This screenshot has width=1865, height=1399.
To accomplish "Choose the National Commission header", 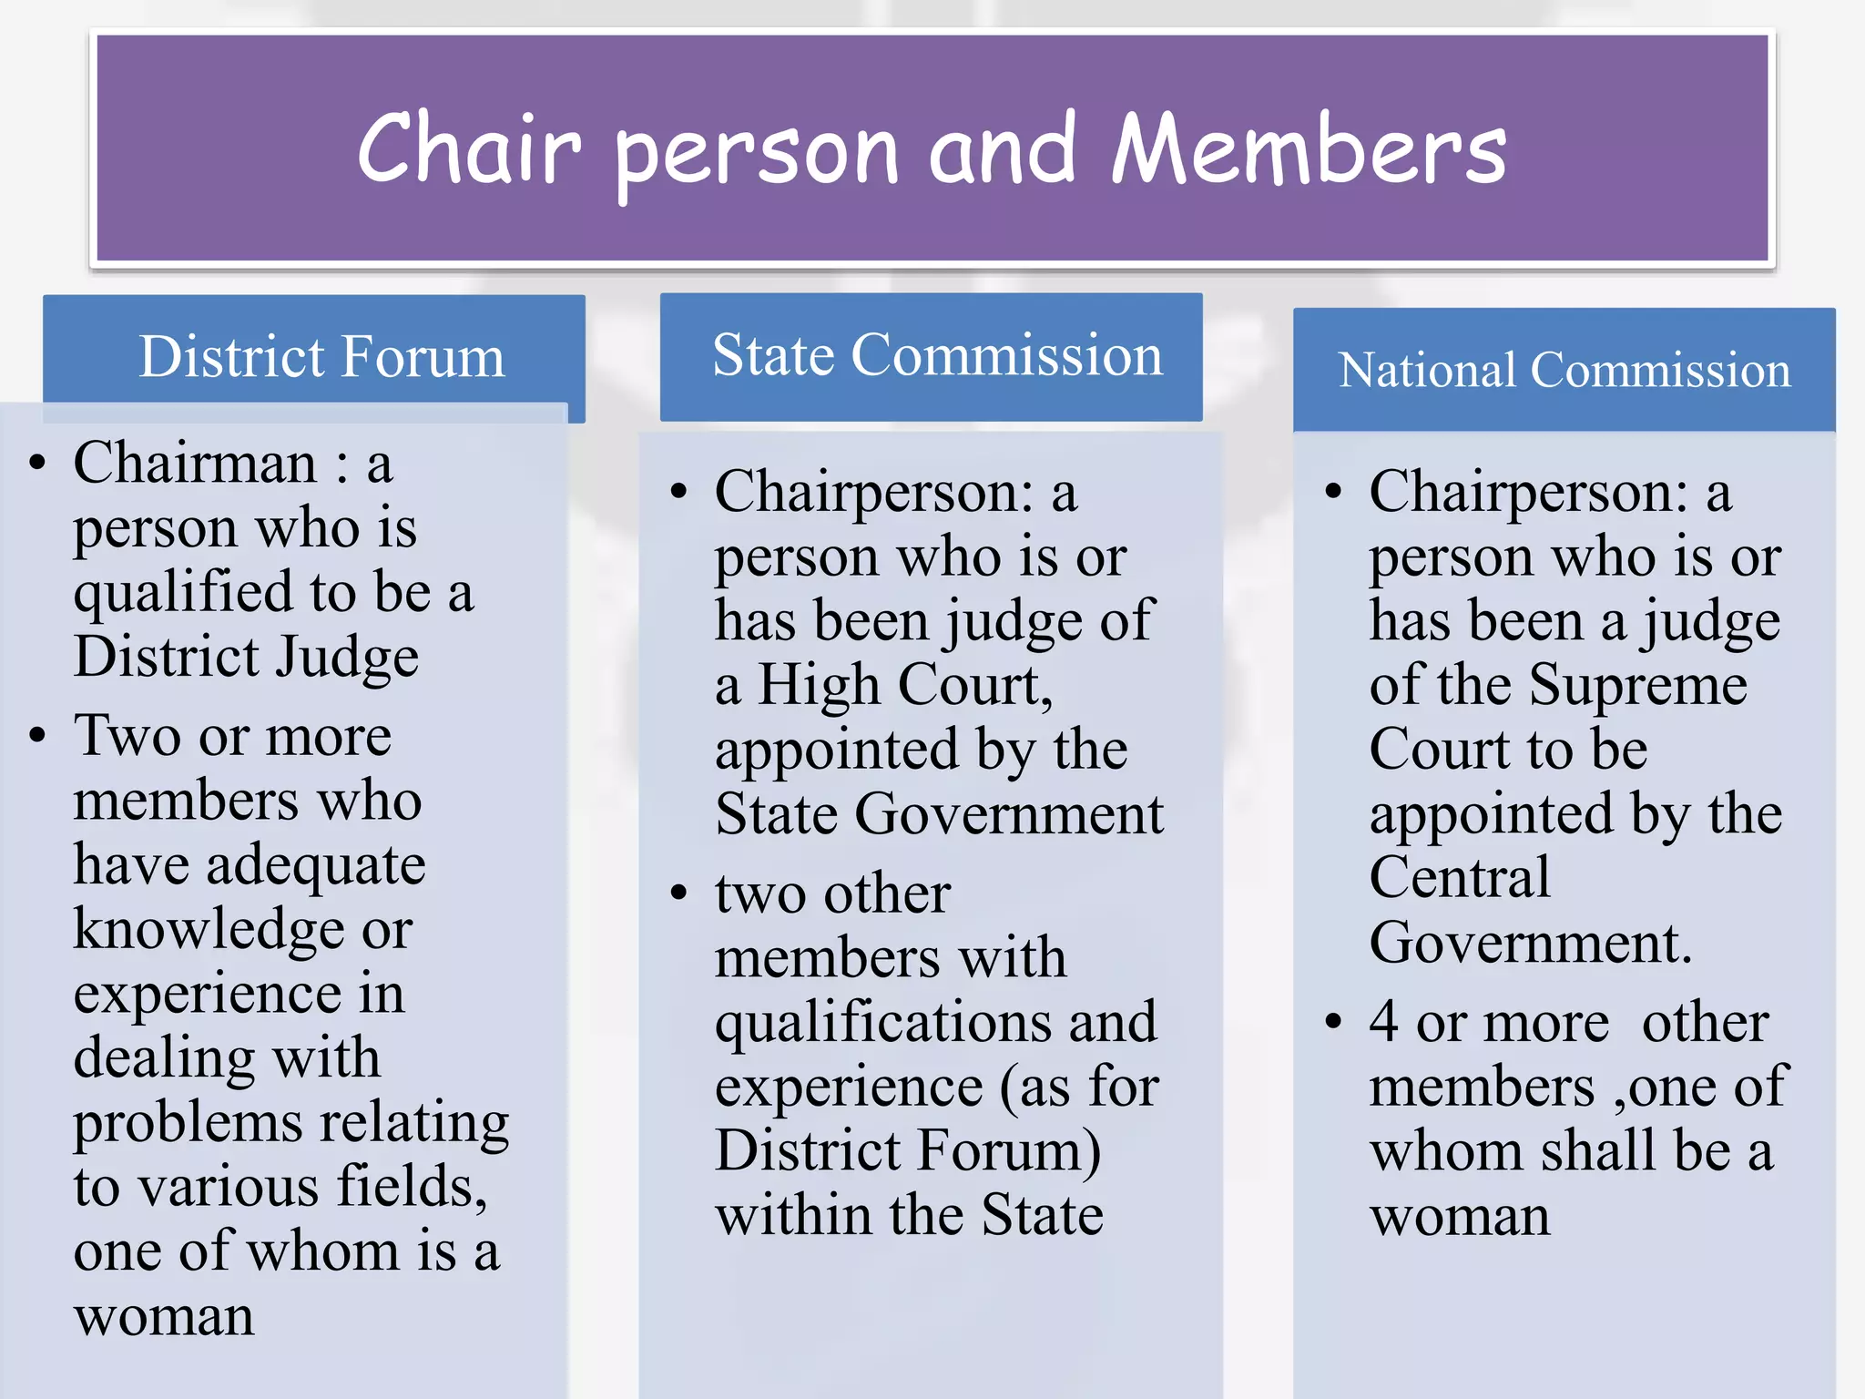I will click(1564, 370).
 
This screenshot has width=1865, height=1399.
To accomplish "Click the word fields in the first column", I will click(412, 1187).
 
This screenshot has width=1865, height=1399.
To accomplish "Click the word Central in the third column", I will click(1459, 878).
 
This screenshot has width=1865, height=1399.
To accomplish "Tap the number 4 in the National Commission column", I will click(1383, 1022).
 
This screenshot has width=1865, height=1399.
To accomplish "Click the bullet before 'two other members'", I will click(678, 893).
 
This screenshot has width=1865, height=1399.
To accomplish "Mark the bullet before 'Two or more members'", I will click(37, 735).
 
